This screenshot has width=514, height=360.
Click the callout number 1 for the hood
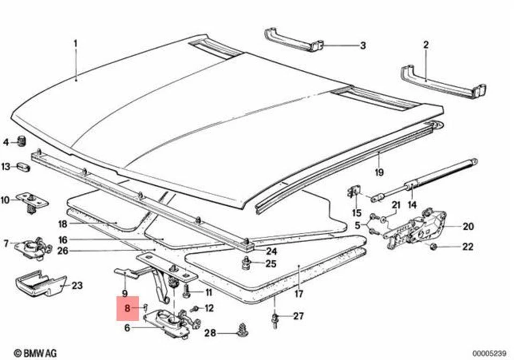(75, 42)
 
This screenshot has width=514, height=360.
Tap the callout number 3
(362, 46)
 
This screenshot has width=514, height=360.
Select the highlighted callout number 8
(127, 308)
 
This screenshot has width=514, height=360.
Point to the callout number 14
(412, 204)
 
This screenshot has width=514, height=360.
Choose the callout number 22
(468, 247)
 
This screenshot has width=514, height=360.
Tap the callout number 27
(298, 316)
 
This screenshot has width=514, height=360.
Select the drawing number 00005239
(489, 352)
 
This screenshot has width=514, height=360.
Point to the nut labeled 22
(434, 246)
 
